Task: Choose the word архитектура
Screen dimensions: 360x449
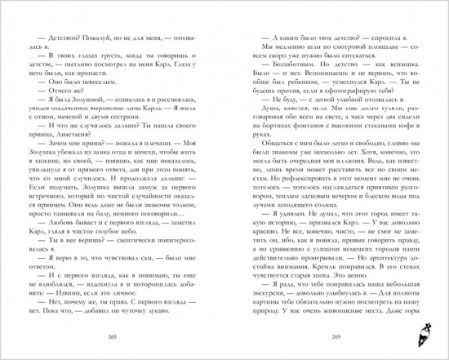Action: click(399, 255)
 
